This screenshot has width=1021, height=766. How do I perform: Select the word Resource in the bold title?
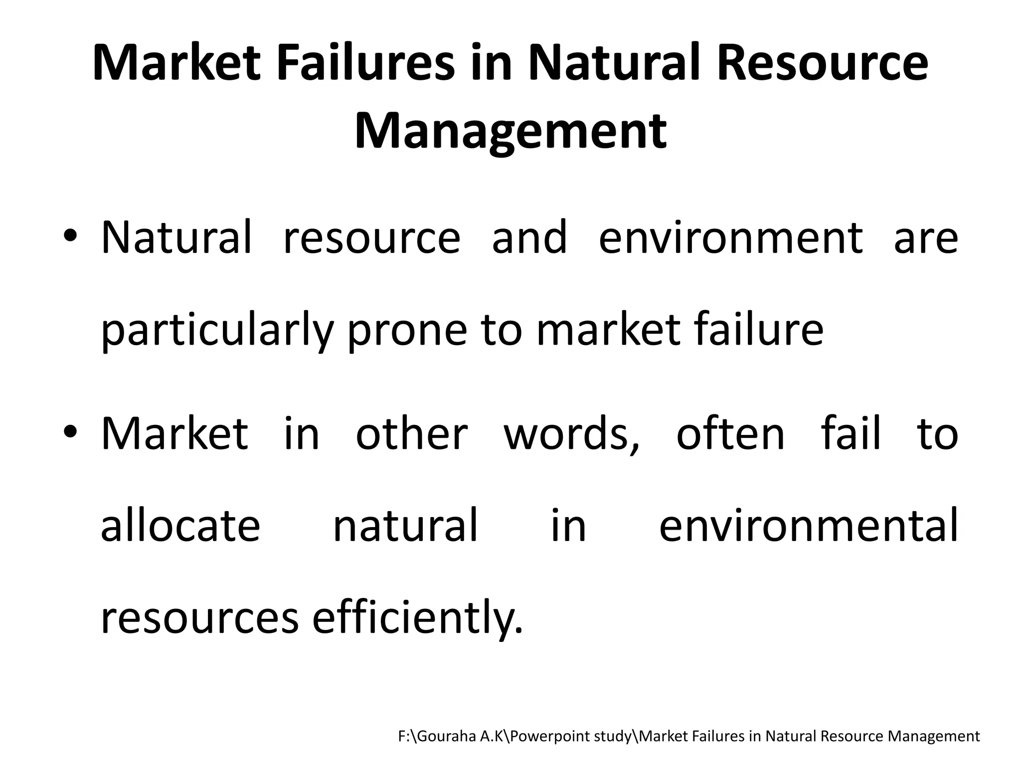click(823, 63)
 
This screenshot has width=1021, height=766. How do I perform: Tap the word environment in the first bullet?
click(730, 237)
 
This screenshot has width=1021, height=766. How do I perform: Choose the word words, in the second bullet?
click(571, 433)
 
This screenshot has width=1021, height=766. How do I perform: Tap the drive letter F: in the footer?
click(404, 736)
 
